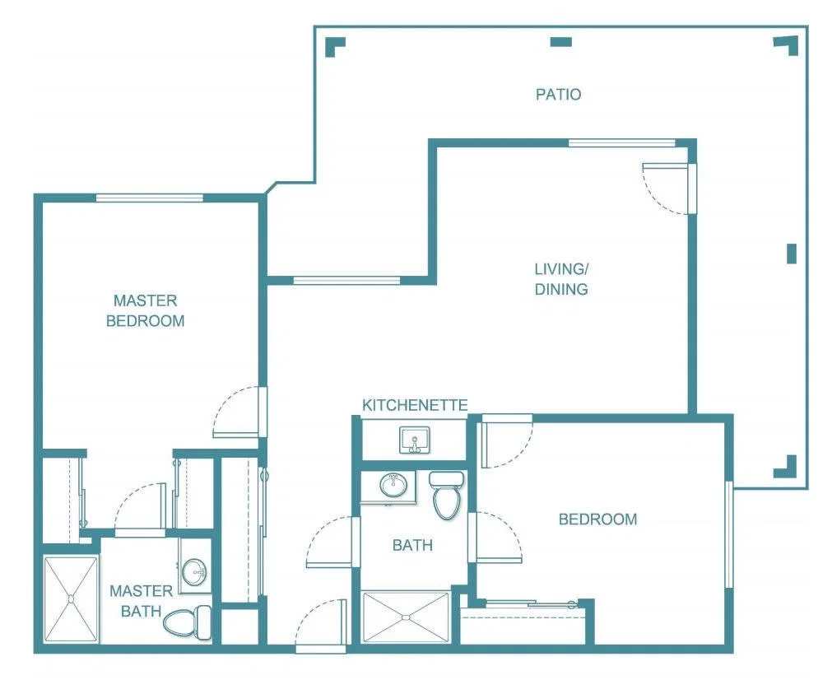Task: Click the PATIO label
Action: coord(558,95)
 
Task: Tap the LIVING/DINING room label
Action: coord(561,279)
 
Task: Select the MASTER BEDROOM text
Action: coord(146,310)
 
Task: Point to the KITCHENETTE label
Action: coord(415,406)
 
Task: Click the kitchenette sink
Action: coord(415,440)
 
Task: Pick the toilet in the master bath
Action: coord(188,622)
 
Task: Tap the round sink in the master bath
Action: coord(194,571)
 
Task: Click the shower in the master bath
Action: coord(71,598)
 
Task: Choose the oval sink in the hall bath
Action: coord(393,485)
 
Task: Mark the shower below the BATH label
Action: coord(406,617)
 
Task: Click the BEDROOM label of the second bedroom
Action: coord(598,519)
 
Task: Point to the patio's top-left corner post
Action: coord(335,46)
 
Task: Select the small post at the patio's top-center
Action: coord(561,42)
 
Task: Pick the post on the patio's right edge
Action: coord(792,254)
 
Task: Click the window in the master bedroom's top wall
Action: coord(150,198)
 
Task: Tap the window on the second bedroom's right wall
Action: coord(729,534)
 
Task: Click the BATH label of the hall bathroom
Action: coord(412,545)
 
